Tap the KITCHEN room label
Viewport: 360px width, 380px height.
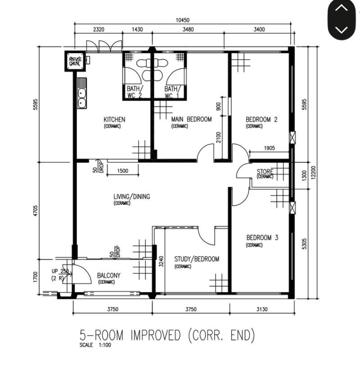pyautogui.click(x=114, y=120)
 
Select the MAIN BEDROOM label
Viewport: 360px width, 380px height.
pyautogui.click(x=191, y=120)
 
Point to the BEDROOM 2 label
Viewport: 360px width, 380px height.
pyautogui.click(x=261, y=120)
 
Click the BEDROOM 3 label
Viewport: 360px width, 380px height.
pyautogui.click(x=262, y=238)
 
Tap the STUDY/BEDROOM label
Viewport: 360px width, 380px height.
pyautogui.click(x=197, y=259)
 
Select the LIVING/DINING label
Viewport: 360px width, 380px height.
pyautogui.click(x=131, y=197)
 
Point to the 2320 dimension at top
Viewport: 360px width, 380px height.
pyautogui.click(x=99, y=30)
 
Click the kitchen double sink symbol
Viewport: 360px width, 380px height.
pyautogui.click(x=82, y=94)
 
